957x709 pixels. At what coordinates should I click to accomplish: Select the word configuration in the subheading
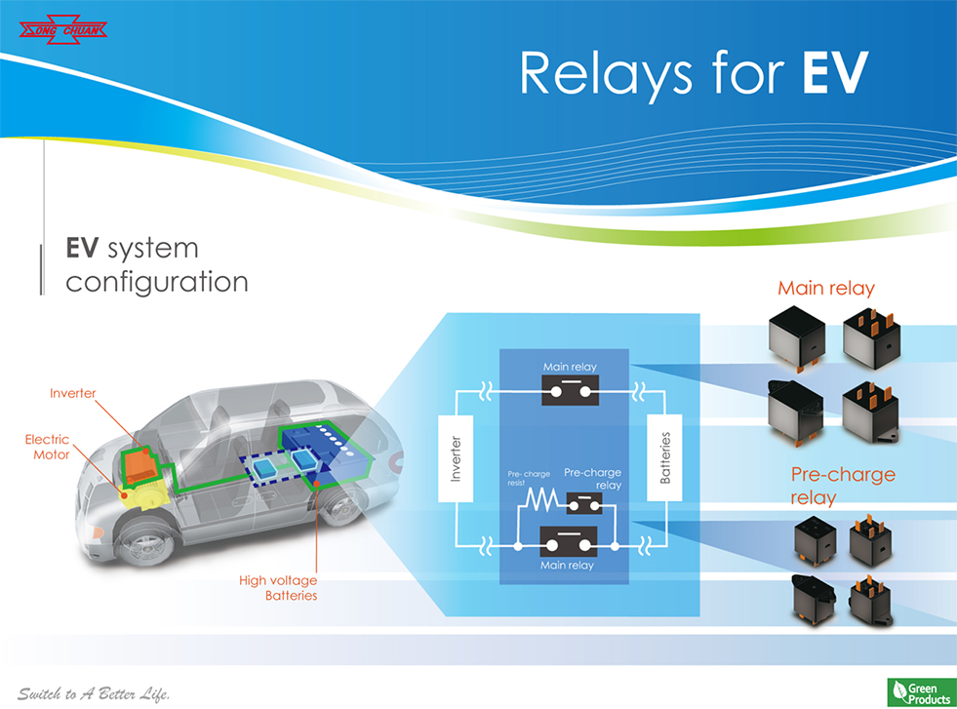[x=156, y=282]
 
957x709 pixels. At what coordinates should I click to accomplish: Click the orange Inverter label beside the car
[x=73, y=393]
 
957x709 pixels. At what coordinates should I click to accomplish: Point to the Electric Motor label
[x=47, y=447]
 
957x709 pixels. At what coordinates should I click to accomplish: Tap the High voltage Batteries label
[x=278, y=588]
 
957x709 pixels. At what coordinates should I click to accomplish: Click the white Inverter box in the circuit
[x=456, y=461]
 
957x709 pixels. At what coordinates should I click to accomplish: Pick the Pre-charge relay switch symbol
[x=583, y=503]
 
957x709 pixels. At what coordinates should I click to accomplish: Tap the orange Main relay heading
[x=825, y=288]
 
